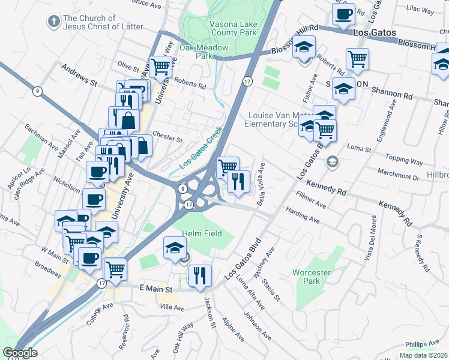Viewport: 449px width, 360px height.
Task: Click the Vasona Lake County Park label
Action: tap(232, 28)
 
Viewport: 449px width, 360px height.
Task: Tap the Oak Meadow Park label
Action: tap(204, 52)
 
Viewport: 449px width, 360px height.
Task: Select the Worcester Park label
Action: tap(311, 277)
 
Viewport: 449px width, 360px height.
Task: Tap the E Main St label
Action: tap(156, 289)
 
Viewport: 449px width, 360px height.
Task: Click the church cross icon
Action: tap(53, 22)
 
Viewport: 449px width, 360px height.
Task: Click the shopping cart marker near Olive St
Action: tap(160, 67)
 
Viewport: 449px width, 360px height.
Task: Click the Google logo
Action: tap(20, 353)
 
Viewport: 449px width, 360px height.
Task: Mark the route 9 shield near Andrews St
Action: tap(38, 91)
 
